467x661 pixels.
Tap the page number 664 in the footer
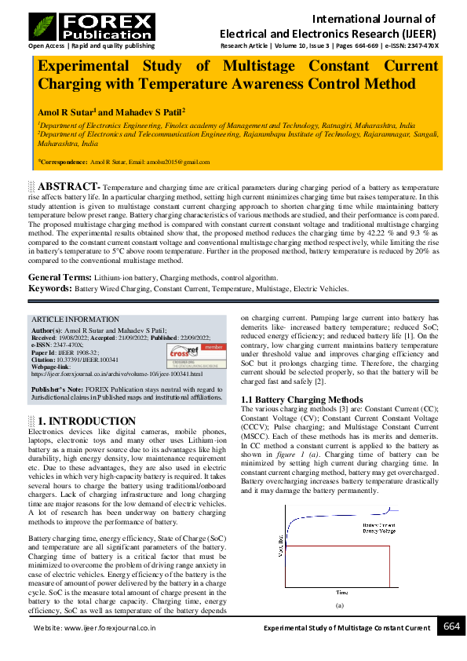(451, 626)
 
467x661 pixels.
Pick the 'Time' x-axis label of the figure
(342, 591)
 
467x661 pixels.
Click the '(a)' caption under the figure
(340, 606)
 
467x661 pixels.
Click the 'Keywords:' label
(51, 289)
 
